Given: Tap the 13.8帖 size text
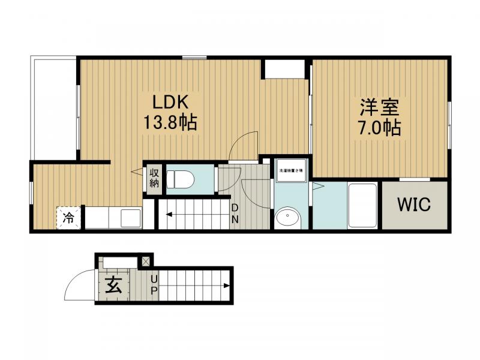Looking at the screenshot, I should pyautogui.click(x=170, y=124).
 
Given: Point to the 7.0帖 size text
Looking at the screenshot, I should pyautogui.click(x=380, y=128).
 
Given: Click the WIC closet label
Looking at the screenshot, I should pyautogui.click(x=413, y=205).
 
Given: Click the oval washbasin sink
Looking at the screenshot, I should pyautogui.click(x=287, y=216).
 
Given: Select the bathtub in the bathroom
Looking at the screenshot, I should pyautogui.click(x=362, y=205).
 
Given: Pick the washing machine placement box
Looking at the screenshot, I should pyautogui.click(x=291, y=172).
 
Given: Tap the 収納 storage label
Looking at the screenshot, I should pyautogui.click(x=154, y=178).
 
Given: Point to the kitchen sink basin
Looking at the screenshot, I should pyautogui.click(x=130, y=218).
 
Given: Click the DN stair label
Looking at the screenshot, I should pyautogui.click(x=235, y=213).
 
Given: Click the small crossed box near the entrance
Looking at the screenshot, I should pyautogui.click(x=145, y=262).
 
